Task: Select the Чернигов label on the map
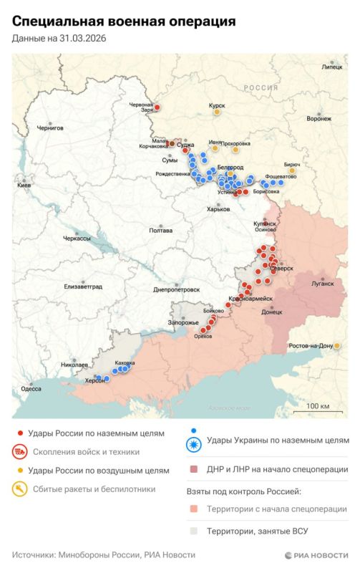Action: (50, 127)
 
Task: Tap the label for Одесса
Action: (31, 388)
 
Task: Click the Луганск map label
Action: (322, 283)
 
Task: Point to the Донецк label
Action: (272, 312)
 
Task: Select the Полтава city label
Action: (160, 231)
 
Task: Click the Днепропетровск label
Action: (176, 290)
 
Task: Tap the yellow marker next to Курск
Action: (218, 112)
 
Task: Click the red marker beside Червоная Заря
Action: (157, 107)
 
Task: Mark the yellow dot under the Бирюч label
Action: (292, 170)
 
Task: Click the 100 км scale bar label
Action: (317, 406)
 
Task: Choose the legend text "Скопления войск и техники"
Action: (83, 452)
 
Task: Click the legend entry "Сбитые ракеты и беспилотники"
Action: (88, 489)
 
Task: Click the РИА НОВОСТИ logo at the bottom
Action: (316, 555)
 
